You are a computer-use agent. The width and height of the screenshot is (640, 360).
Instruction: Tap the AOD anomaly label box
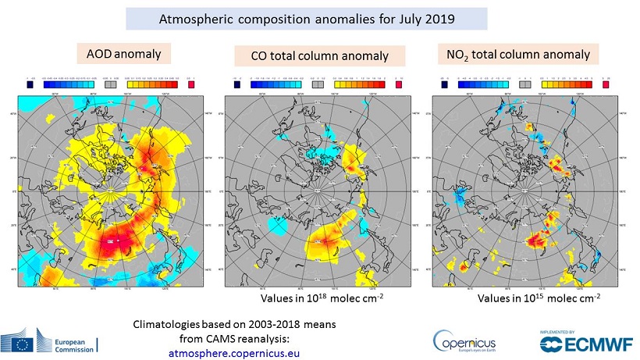pyautogui.click(x=124, y=54)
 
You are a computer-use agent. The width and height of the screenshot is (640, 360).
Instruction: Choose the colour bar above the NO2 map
pyautogui.click(x=524, y=79)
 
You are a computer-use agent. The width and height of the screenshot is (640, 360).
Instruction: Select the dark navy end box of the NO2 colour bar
pyautogui.click(x=445, y=79)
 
